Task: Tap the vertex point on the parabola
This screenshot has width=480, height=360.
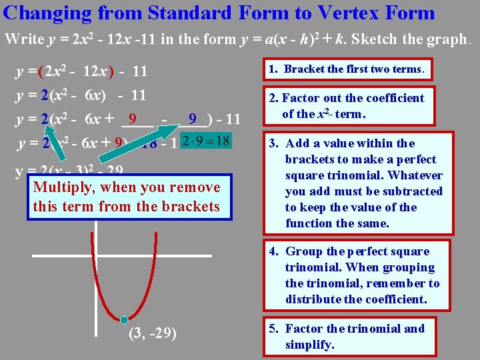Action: (x=124, y=319)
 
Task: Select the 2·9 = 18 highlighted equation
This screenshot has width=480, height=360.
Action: (x=205, y=141)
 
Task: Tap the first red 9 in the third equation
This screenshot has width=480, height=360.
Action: (x=133, y=120)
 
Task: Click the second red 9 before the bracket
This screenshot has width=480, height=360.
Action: (x=192, y=120)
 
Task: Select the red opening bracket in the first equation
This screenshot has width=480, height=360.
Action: (x=41, y=71)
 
